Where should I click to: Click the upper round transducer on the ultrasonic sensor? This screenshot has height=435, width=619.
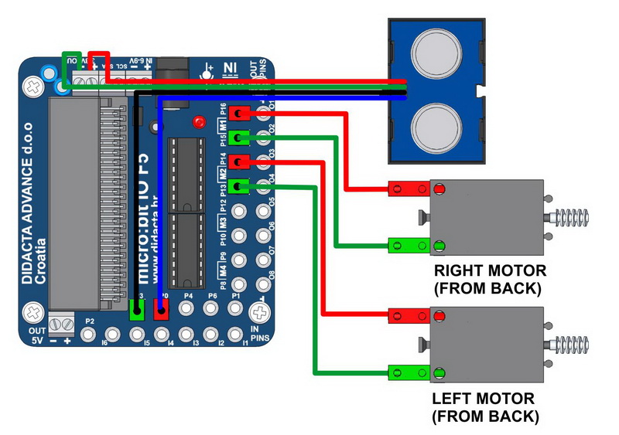tap(437, 51)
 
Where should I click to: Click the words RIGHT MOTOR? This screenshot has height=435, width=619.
tap(490, 271)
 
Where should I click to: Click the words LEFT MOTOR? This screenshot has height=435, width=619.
tap(484, 399)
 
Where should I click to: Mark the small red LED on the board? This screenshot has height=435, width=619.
tap(200, 122)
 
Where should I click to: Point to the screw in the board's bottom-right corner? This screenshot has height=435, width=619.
tap(261, 313)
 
